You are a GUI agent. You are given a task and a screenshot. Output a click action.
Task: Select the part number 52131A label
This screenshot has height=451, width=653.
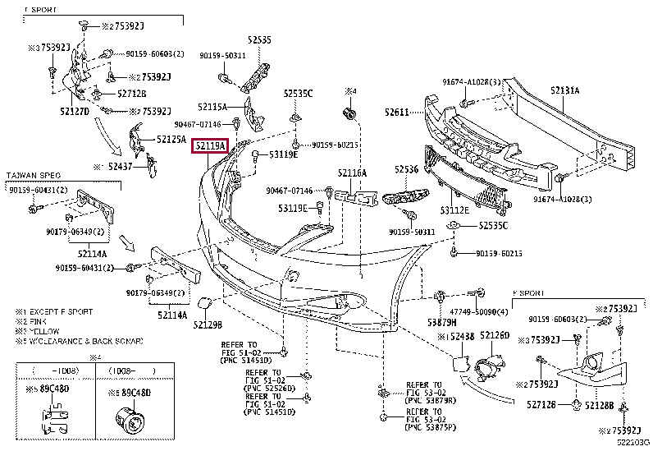(564, 91)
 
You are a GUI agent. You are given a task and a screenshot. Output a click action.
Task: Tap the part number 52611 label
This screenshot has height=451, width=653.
(397, 112)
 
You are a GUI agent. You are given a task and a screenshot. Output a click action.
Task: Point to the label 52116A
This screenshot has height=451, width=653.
(352, 173)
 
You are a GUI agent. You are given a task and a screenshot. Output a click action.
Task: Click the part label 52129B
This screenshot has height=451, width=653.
(208, 325)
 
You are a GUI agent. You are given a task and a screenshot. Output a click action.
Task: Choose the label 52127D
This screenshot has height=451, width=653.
(75, 109)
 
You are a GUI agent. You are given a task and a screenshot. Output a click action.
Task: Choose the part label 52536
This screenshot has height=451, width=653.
(406, 169)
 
